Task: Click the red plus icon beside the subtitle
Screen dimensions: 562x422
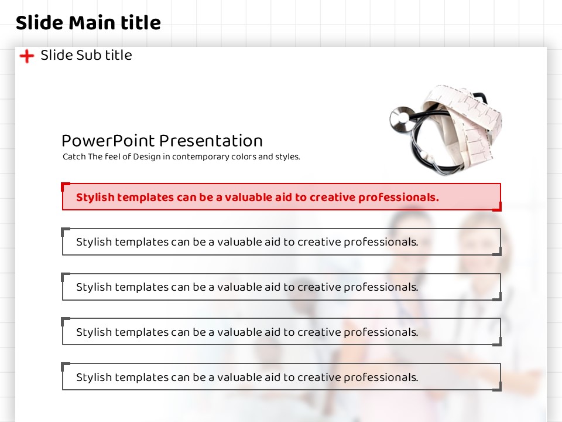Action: [26, 56]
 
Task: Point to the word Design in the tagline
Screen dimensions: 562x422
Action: [147, 157]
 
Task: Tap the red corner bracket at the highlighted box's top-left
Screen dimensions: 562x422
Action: [65, 186]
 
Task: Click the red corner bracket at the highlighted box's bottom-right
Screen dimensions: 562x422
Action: [497, 207]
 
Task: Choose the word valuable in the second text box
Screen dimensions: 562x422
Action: [239, 242]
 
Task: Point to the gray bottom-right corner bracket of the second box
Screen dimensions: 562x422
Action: [497, 252]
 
